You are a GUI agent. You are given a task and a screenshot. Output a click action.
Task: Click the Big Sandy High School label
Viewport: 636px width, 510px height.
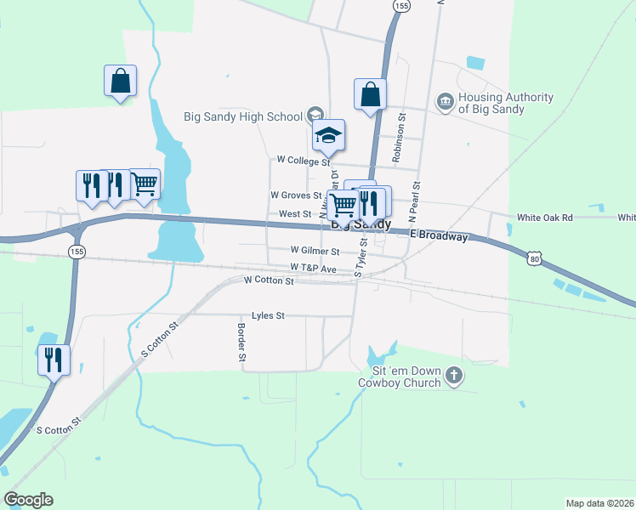(x=243, y=116)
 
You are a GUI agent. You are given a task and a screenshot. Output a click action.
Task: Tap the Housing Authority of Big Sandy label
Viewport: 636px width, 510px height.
(x=505, y=103)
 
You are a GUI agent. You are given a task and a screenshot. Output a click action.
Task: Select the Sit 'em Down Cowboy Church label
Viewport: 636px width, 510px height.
(x=404, y=377)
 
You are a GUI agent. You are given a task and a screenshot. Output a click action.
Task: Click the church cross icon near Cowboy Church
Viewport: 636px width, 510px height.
(x=455, y=375)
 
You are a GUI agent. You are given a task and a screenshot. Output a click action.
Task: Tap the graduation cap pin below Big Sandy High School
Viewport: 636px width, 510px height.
(x=328, y=135)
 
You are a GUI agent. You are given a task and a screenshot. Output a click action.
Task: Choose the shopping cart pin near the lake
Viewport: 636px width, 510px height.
(x=145, y=183)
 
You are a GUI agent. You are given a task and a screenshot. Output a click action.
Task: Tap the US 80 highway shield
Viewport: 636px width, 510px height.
(x=533, y=257)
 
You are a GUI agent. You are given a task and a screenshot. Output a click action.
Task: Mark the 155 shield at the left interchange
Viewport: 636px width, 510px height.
(x=77, y=252)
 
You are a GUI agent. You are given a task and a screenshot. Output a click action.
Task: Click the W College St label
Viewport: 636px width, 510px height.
(x=303, y=160)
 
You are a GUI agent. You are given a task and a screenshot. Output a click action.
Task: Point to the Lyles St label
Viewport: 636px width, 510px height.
(x=267, y=315)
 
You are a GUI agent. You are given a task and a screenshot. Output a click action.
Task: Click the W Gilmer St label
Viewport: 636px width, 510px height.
(x=315, y=252)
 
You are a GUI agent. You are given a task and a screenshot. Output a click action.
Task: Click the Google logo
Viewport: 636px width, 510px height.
(x=28, y=500)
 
